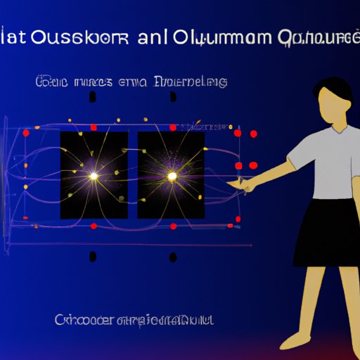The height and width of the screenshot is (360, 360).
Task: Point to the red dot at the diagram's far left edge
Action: pos(26,131)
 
